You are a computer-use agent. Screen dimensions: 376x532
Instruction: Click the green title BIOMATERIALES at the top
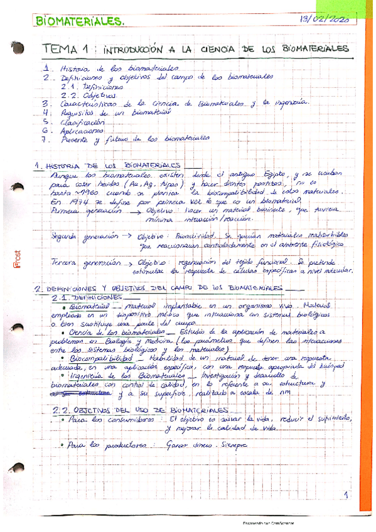79,23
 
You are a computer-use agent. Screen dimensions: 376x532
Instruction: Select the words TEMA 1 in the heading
68,49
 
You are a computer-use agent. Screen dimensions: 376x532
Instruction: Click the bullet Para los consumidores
107,418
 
